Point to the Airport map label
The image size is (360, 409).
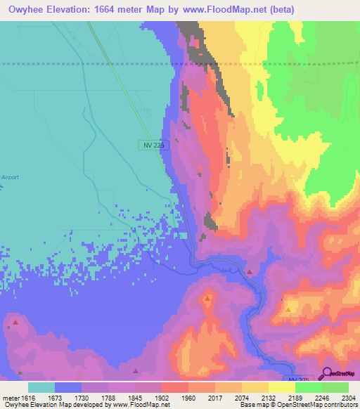pos(10,177)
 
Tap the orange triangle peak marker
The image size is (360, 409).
pos(288,309)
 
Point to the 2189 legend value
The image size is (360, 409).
pos(295,398)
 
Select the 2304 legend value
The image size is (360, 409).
pos(348,398)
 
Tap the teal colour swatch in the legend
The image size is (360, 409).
pos(41,387)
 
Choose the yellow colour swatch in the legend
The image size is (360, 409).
pos(282,387)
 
